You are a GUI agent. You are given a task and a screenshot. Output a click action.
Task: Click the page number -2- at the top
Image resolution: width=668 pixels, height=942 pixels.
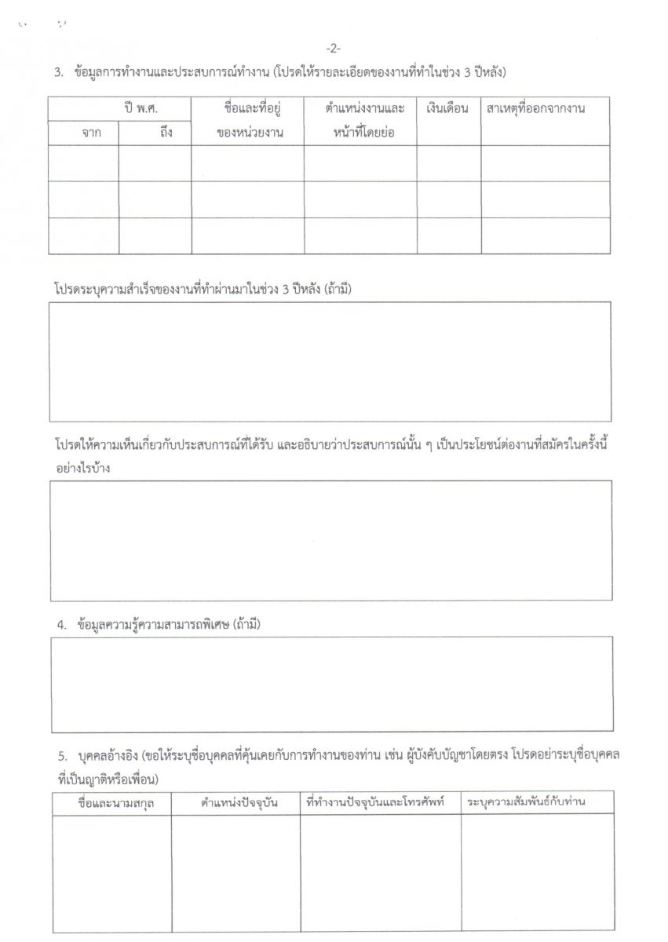[334, 49]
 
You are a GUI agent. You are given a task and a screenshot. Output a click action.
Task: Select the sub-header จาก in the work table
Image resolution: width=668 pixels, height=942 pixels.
[84, 133]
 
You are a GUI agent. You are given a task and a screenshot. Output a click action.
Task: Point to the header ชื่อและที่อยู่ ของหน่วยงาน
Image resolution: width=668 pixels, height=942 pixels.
[248, 120]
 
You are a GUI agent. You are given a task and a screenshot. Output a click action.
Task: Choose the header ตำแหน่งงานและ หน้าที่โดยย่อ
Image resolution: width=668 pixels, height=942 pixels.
[360, 120]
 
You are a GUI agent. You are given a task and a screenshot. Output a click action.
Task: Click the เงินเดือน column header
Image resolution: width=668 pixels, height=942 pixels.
[448, 108]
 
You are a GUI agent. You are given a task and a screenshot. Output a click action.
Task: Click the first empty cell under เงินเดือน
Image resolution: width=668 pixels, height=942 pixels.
[448, 163]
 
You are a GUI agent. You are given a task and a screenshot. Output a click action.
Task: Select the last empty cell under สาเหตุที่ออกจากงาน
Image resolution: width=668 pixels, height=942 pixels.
[546, 235]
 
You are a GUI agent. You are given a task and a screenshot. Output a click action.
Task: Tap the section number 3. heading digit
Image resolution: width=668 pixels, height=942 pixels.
[58, 73]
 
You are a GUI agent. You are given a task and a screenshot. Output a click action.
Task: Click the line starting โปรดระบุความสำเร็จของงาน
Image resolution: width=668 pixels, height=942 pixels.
[203, 289]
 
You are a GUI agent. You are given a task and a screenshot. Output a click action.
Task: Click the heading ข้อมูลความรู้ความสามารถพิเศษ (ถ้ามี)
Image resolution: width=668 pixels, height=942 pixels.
[169, 625]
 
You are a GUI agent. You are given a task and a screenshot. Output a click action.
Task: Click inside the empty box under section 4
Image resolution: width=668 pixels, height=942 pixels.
[332, 684]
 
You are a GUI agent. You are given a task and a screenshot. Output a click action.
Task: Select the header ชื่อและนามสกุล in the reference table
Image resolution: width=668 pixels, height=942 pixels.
[111, 803]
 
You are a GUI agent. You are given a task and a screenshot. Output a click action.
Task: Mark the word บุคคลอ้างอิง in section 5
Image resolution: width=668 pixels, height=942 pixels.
[104, 756]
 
